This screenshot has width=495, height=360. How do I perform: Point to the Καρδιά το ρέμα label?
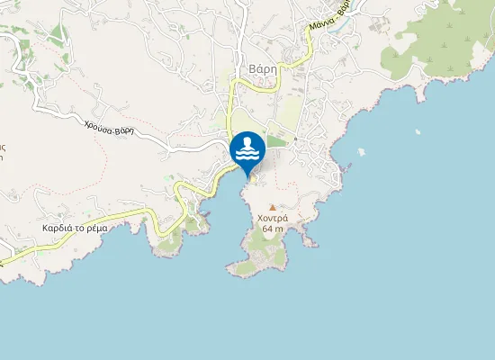click(75, 228)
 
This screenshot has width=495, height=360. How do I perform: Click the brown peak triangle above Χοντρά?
click(273, 207)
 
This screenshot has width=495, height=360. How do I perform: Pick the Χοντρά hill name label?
click(273, 219)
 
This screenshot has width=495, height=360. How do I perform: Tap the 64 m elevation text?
click(273, 229)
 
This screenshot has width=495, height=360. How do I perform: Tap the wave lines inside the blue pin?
click(247, 155)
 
